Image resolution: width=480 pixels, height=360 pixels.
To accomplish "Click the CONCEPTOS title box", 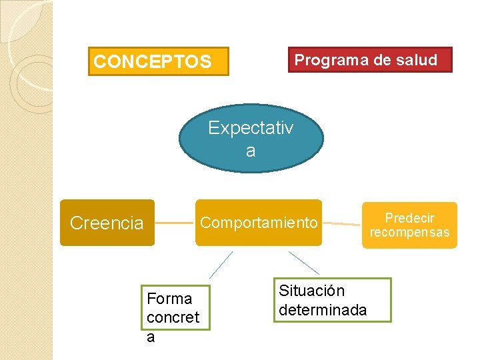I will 158,61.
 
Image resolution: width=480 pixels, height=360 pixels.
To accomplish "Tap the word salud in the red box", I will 417,60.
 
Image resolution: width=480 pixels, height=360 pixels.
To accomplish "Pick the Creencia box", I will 107,223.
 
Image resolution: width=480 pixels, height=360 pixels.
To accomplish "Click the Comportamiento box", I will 259,223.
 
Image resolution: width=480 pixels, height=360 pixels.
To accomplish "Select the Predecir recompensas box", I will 409,225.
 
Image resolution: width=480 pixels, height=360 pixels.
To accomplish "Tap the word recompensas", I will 409,233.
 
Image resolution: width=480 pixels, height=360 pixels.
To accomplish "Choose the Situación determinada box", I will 332,301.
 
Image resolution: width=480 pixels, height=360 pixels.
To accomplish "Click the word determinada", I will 322,310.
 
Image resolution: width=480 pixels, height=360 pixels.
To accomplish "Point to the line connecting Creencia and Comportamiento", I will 175,222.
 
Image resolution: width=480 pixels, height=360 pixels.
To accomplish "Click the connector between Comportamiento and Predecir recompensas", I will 341,223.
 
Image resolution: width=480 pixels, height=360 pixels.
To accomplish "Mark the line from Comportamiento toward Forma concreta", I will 221,264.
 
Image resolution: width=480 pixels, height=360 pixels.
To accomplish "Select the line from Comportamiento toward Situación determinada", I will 303,263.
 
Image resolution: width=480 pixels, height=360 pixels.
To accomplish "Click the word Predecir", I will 409,218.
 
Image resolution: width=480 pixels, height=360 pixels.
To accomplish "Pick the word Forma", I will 169,299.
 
